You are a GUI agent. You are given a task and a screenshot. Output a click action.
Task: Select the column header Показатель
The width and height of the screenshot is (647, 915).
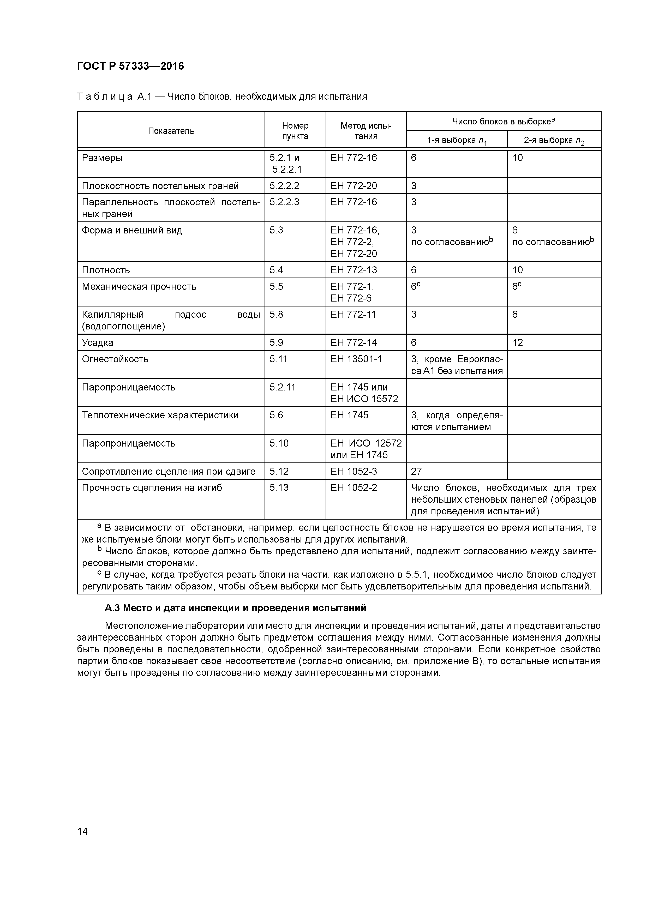(171, 131)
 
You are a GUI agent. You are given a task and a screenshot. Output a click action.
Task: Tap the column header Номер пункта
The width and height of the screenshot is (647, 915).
(295, 131)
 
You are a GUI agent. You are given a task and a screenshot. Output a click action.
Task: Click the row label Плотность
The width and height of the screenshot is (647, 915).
(106, 270)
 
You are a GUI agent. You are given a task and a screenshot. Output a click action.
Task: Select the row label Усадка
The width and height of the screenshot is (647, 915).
(97, 343)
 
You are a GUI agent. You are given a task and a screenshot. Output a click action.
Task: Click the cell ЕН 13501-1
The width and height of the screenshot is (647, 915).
(356, 359)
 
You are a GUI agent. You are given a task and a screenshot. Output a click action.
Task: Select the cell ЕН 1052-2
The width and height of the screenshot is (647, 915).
(354, 488)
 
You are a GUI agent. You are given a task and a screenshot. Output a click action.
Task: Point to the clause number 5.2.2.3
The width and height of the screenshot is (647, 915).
(284, 202)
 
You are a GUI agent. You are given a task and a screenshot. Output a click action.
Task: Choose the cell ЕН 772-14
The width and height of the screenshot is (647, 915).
(353, 343)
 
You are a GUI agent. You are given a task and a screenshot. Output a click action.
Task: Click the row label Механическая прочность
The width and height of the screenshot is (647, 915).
(139, 287)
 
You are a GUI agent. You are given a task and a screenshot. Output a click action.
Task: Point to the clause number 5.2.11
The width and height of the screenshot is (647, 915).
(282, 387)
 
